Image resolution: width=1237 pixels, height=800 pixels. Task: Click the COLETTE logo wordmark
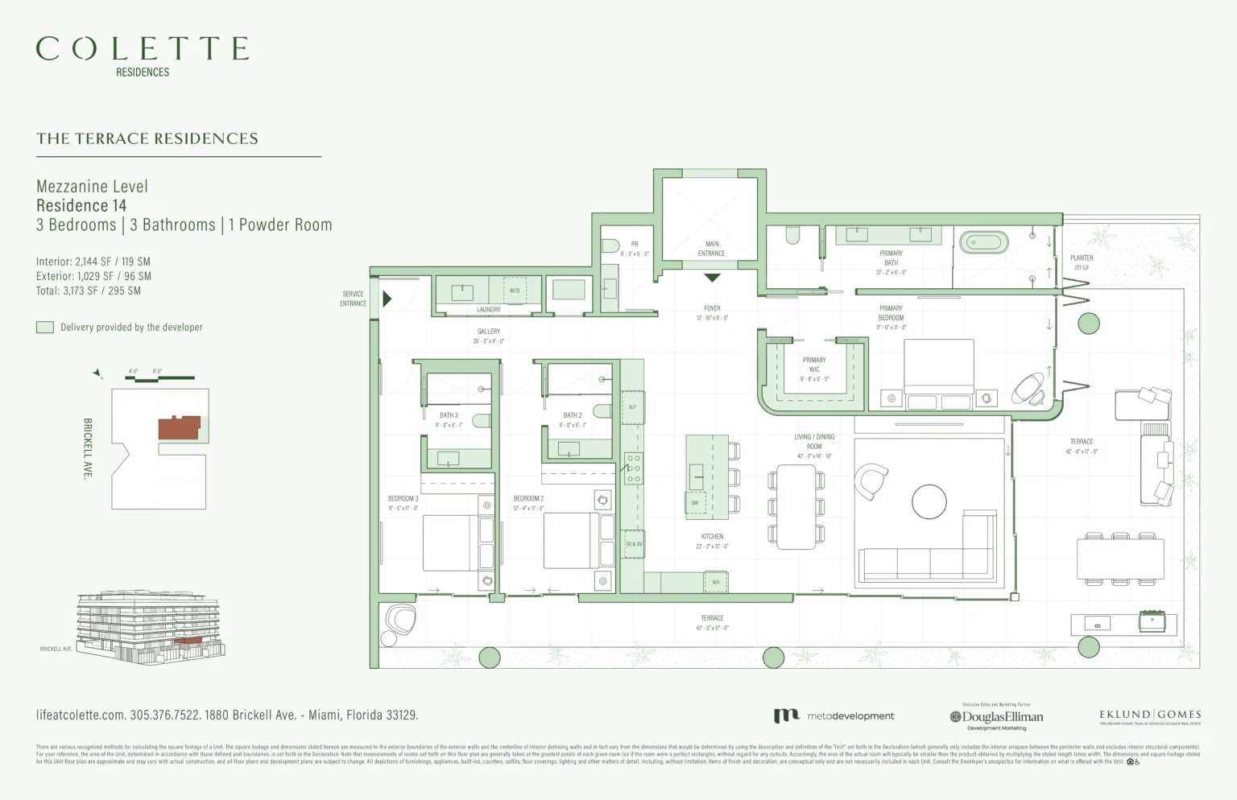143,49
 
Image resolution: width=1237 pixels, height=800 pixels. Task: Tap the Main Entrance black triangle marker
712,278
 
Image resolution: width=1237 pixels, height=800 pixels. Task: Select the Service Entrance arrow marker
387,299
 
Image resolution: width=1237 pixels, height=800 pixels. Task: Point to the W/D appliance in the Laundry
515,291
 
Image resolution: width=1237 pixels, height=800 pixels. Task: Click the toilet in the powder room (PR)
610,245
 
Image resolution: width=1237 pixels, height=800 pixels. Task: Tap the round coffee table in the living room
929,502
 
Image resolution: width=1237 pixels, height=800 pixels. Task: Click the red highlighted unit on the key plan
178,428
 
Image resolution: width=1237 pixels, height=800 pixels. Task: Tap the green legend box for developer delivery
45,328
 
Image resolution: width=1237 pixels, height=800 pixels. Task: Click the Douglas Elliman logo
996,716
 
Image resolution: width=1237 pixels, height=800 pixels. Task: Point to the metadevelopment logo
834,715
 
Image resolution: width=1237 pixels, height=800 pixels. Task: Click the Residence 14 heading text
81,206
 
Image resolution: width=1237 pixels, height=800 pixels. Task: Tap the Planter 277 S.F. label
1082,262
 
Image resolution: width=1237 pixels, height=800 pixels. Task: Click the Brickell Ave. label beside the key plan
87,448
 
